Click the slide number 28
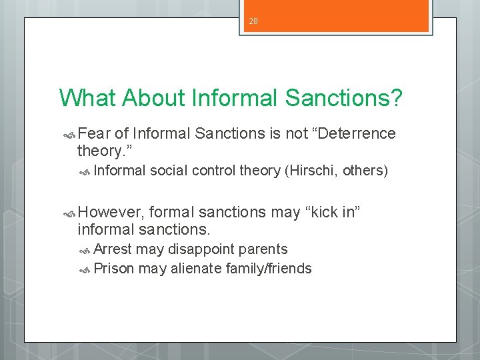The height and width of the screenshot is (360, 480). coord(253,21)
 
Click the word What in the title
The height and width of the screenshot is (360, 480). coord(87,97)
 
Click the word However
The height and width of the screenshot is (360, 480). coord(111,212)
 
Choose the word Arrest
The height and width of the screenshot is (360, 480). coord(113,249)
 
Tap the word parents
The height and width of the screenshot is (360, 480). coord(264,249)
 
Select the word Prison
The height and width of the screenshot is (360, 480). coord(114,269)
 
